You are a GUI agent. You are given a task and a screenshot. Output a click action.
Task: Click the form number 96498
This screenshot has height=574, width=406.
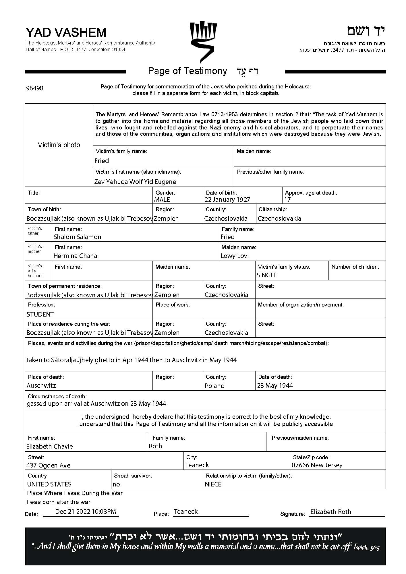[x=34, y=88]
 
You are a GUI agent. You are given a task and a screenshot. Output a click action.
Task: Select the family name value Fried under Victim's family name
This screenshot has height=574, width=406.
[x=102, y=161]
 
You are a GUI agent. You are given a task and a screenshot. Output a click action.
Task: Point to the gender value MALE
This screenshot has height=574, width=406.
[x=162, y=199]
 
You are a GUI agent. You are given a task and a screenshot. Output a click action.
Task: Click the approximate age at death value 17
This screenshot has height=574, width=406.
[x=287, y=199]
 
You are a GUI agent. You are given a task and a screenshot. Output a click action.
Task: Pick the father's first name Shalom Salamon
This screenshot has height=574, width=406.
[x=77, y=237]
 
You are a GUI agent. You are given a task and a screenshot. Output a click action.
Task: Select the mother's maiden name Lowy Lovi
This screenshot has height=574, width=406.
[x=234, y=256]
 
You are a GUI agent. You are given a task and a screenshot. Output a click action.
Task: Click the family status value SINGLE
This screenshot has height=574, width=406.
[x=267, y=275]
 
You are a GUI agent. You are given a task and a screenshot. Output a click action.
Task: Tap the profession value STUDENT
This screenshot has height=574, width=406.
[x=40, y=314]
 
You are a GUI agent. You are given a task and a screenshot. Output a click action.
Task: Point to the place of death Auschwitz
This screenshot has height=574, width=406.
[x=41, y=385]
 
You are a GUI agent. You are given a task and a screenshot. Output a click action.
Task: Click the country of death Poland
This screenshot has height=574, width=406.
[x=214, y=386]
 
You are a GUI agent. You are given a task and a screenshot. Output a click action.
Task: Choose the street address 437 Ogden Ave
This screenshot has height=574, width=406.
[x=48, y=465]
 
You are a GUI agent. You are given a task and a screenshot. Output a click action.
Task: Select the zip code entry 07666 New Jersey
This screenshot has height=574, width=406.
[x=317, y=465]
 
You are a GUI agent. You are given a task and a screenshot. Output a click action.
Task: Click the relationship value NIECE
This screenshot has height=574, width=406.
[x=213, y=484]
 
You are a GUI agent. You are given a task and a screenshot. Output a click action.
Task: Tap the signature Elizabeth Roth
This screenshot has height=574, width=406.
[x=330, y=512]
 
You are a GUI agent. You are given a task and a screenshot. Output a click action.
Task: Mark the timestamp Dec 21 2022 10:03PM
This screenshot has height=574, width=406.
[x=86, y=511]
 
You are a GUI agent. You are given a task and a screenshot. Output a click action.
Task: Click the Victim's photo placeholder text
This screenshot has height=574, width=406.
[x=59, y=145]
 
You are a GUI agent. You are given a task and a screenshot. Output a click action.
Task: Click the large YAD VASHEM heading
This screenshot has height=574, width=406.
[x=66, y=32]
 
